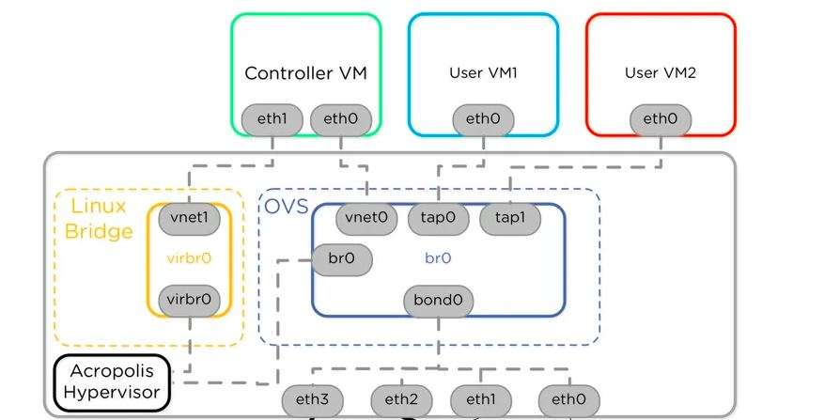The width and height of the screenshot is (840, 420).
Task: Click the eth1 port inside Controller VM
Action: point(272,119)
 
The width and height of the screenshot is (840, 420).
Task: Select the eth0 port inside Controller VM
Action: point(340,119)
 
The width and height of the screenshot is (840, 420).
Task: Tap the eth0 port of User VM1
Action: point(483,119)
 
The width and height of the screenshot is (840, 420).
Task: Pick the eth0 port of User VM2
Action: point(661,119)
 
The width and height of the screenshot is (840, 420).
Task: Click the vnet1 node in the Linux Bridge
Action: point(189,218)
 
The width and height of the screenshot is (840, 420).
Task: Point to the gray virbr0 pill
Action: point(189,300)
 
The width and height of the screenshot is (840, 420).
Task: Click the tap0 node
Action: point(438,218)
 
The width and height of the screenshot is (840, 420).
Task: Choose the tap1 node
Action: point(510,218)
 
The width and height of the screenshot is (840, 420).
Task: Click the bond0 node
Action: point(438,302)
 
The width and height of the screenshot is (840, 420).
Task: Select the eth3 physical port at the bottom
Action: point(312,400)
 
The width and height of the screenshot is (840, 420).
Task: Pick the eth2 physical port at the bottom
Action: point(401,400)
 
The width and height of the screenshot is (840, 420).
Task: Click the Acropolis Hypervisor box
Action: point(112,382)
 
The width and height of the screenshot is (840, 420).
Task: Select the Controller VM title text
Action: point(305,72)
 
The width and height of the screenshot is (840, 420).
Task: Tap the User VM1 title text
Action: point(483,72)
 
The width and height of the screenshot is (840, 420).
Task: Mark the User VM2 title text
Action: point(661,72)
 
